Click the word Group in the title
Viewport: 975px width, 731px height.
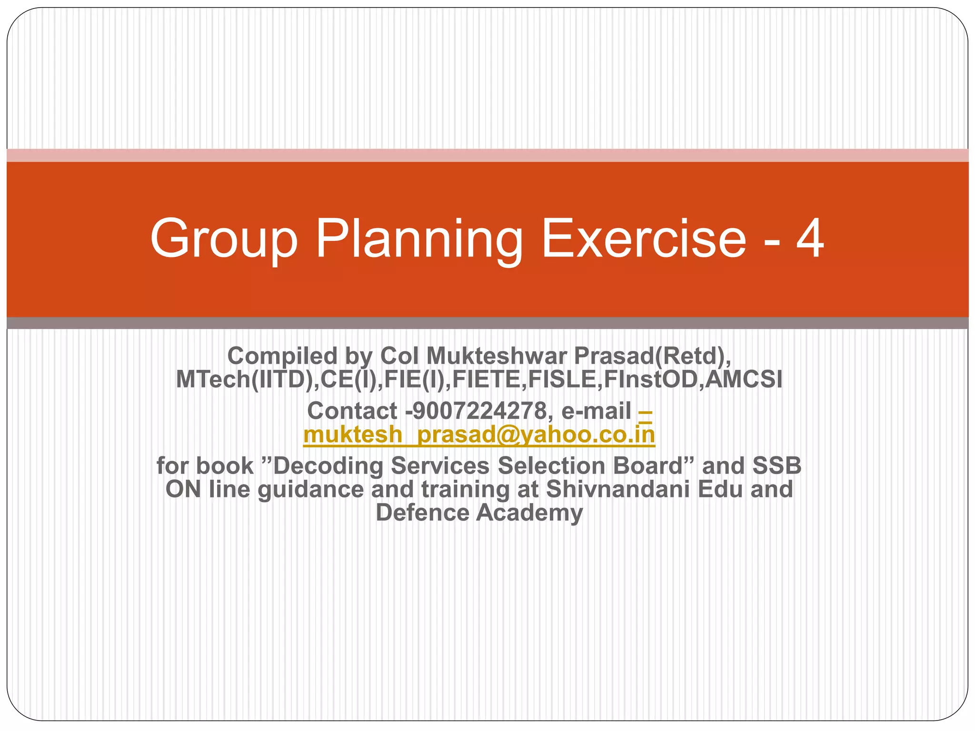pos(224,239)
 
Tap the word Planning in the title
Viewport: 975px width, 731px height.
pos(419,239)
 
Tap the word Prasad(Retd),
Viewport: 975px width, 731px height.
pos(652,356)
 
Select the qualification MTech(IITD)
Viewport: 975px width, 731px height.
pos(245,379)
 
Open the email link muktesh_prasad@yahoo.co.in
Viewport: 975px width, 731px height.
pos(479,435)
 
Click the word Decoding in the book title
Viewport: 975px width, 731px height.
pos(328,465)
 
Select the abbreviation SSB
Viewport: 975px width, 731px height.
pos(776,465)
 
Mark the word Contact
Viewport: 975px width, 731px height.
pos(352,411)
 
